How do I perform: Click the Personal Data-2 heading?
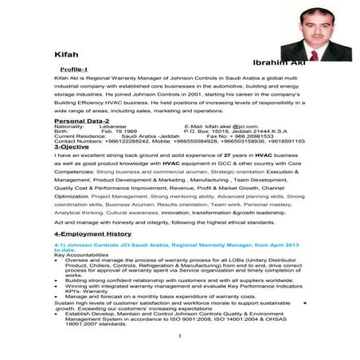81,120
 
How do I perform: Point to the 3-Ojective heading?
72,147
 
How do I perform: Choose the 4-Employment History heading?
92,234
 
